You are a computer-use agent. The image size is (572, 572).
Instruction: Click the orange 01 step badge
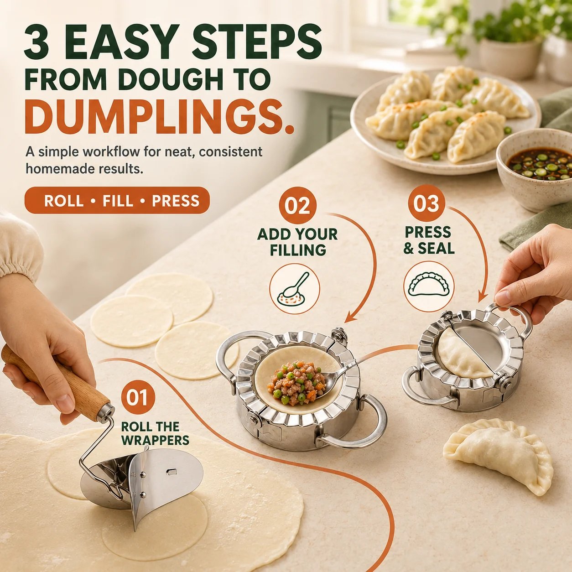[x=138, y=398]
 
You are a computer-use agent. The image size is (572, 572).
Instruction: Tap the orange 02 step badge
[x=297, y=206]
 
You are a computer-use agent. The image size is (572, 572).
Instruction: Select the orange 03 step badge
[x=426, y=203]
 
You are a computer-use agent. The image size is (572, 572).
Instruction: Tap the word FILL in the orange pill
[x=118, y=201]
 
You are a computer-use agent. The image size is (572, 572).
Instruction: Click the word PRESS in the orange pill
[x=176, y=201]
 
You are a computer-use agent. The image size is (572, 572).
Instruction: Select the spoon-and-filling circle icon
[x=294, y=289]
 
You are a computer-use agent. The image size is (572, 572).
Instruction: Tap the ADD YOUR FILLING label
[x=297, y=242]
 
